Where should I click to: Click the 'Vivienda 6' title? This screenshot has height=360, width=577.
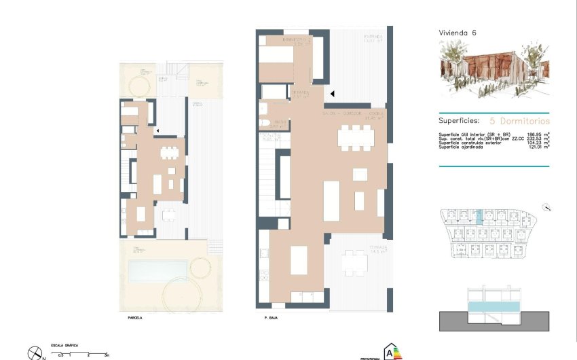pos(458,33)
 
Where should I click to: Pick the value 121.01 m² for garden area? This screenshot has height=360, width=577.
pos(538,147)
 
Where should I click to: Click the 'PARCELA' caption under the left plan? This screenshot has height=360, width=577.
pos(135,317)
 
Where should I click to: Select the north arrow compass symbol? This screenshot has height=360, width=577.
pos(35,353)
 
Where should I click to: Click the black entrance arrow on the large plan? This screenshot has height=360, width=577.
pos(332,94)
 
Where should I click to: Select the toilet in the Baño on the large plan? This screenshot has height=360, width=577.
pos(263,123)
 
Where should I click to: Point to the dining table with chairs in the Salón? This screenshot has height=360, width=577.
pos(356,138)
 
